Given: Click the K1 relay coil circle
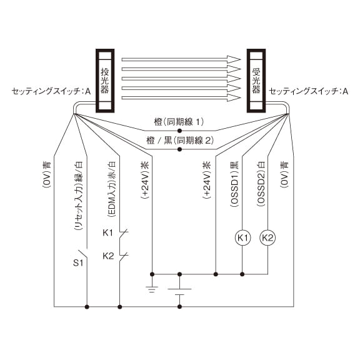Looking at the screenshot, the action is pyautogui.click(x=242, y=237).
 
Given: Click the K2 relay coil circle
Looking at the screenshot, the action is pyautogui.click(x=267, y=237).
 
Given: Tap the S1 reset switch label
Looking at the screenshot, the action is pyautogui.click(x=78, y=262).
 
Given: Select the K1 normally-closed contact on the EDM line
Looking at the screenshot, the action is pyautogui.click(x=123, y=233).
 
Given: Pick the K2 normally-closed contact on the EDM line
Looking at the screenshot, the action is pyautogui.click(x=123, y=256).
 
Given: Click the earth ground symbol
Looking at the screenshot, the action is pyautogui.click(x=152, y=289).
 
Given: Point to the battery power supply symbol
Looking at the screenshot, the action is pyautogui.click(x=179, y=292).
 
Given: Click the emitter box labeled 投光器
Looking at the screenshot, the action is pyautogui.click(x=105, y=81).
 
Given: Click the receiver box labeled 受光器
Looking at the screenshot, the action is pyautogui.click(x=256, y=81).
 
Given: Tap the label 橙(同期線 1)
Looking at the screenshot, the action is pyautogui.click(x=179, y=122).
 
